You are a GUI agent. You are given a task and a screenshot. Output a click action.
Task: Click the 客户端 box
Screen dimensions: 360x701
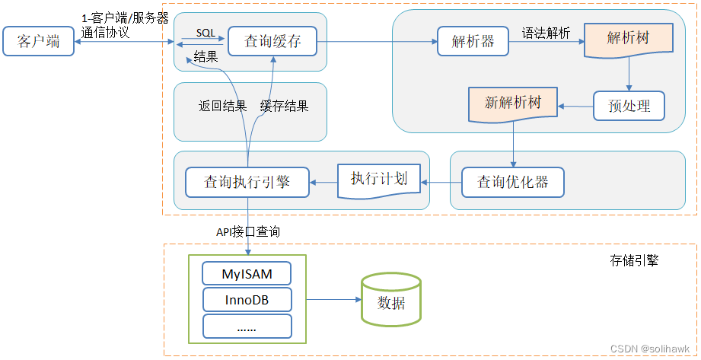tap(39, 41)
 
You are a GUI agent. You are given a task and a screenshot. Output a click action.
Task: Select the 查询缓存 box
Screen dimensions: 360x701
tap(272, 41)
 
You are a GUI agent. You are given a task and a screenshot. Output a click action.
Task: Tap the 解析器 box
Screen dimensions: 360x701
tap(473, 41)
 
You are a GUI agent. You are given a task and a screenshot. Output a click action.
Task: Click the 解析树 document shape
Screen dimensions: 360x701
tap(629, 40)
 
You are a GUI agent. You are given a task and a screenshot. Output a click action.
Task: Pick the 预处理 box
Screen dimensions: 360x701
tap(629, 106)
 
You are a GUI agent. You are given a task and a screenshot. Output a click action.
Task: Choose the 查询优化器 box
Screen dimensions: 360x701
tap(514, 183)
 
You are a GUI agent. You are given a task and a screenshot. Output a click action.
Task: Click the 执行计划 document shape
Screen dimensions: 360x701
tap(379, 180)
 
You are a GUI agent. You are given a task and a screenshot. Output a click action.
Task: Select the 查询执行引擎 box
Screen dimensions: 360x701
tap(247, 183)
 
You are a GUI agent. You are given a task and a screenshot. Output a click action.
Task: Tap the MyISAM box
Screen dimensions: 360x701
tap(247, 273)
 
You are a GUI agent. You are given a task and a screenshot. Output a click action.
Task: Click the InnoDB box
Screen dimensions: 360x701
tap(247, 300)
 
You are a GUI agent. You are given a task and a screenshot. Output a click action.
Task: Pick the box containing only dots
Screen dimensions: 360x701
tap(247, 327)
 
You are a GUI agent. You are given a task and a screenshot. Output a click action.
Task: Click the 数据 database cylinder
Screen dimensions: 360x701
tap(391, 301)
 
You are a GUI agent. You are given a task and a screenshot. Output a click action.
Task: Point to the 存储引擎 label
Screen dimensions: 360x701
tap(634, 261)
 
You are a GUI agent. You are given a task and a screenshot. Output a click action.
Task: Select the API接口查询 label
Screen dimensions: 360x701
tap(247, 231)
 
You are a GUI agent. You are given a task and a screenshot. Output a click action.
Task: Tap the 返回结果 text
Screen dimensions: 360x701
tap(223, 107)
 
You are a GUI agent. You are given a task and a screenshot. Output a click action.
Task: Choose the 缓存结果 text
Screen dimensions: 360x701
tap(285, 107)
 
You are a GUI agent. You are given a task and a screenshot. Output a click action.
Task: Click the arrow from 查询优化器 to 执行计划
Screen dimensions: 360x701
tap(441, 183)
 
